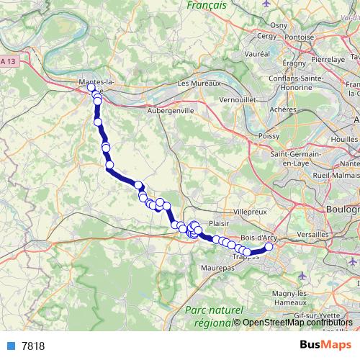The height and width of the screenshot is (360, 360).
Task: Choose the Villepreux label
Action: (x=251, y=212)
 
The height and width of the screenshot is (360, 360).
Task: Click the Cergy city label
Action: (x=266, y=35)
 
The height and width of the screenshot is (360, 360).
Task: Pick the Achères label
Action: (x=283, y=109)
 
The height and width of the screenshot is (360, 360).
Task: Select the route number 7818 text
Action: (x=33, y=346)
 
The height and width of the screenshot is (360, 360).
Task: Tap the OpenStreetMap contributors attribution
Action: (x=297, y=323)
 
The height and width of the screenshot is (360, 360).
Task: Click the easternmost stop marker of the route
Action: (x=269, y=247)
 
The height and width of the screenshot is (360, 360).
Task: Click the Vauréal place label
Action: (x=257, y=54)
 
